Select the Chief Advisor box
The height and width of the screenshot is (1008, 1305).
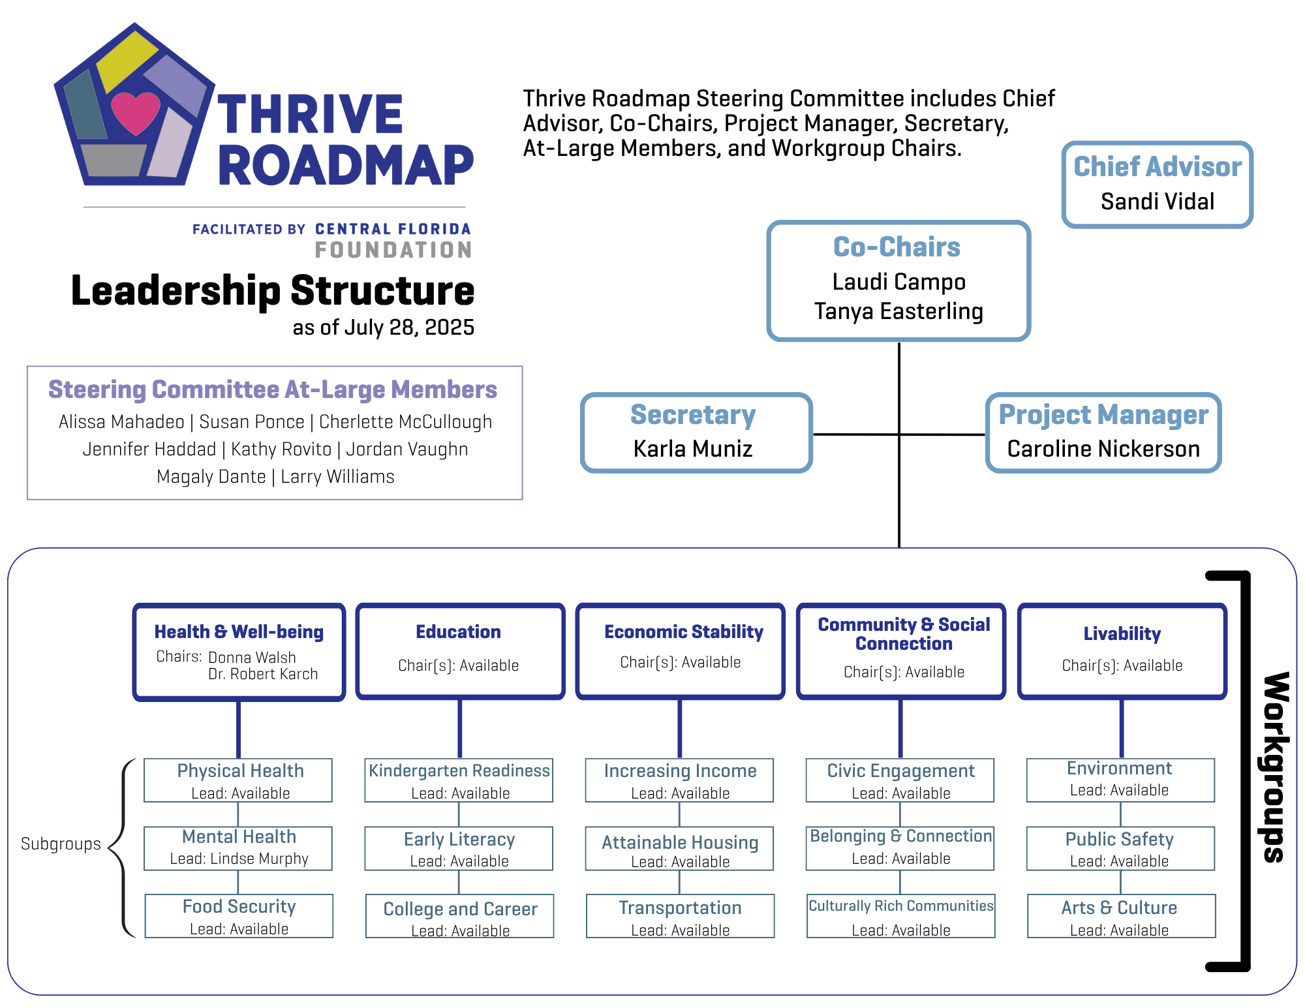1157,185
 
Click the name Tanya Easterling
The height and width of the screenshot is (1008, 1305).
898,311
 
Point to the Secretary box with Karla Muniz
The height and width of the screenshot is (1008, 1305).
696,433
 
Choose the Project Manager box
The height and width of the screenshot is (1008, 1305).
1103,433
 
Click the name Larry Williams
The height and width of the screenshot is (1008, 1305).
337,477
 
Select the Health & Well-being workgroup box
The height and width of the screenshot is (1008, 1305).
239,651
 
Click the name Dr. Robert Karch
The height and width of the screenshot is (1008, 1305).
263,674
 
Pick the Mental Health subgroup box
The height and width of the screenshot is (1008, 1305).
238,848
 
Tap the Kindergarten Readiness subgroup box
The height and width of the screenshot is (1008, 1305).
459,780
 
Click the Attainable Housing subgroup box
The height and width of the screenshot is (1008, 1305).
679,849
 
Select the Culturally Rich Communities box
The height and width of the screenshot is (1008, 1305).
900,916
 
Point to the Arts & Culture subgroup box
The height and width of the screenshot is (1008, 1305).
1120,916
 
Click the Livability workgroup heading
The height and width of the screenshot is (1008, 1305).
1122,634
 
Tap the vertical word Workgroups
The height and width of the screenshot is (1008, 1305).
1275,767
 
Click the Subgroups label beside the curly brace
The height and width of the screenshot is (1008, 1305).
61,844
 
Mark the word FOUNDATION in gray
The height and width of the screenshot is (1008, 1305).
393,250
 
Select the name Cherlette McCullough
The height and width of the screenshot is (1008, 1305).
405,422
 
